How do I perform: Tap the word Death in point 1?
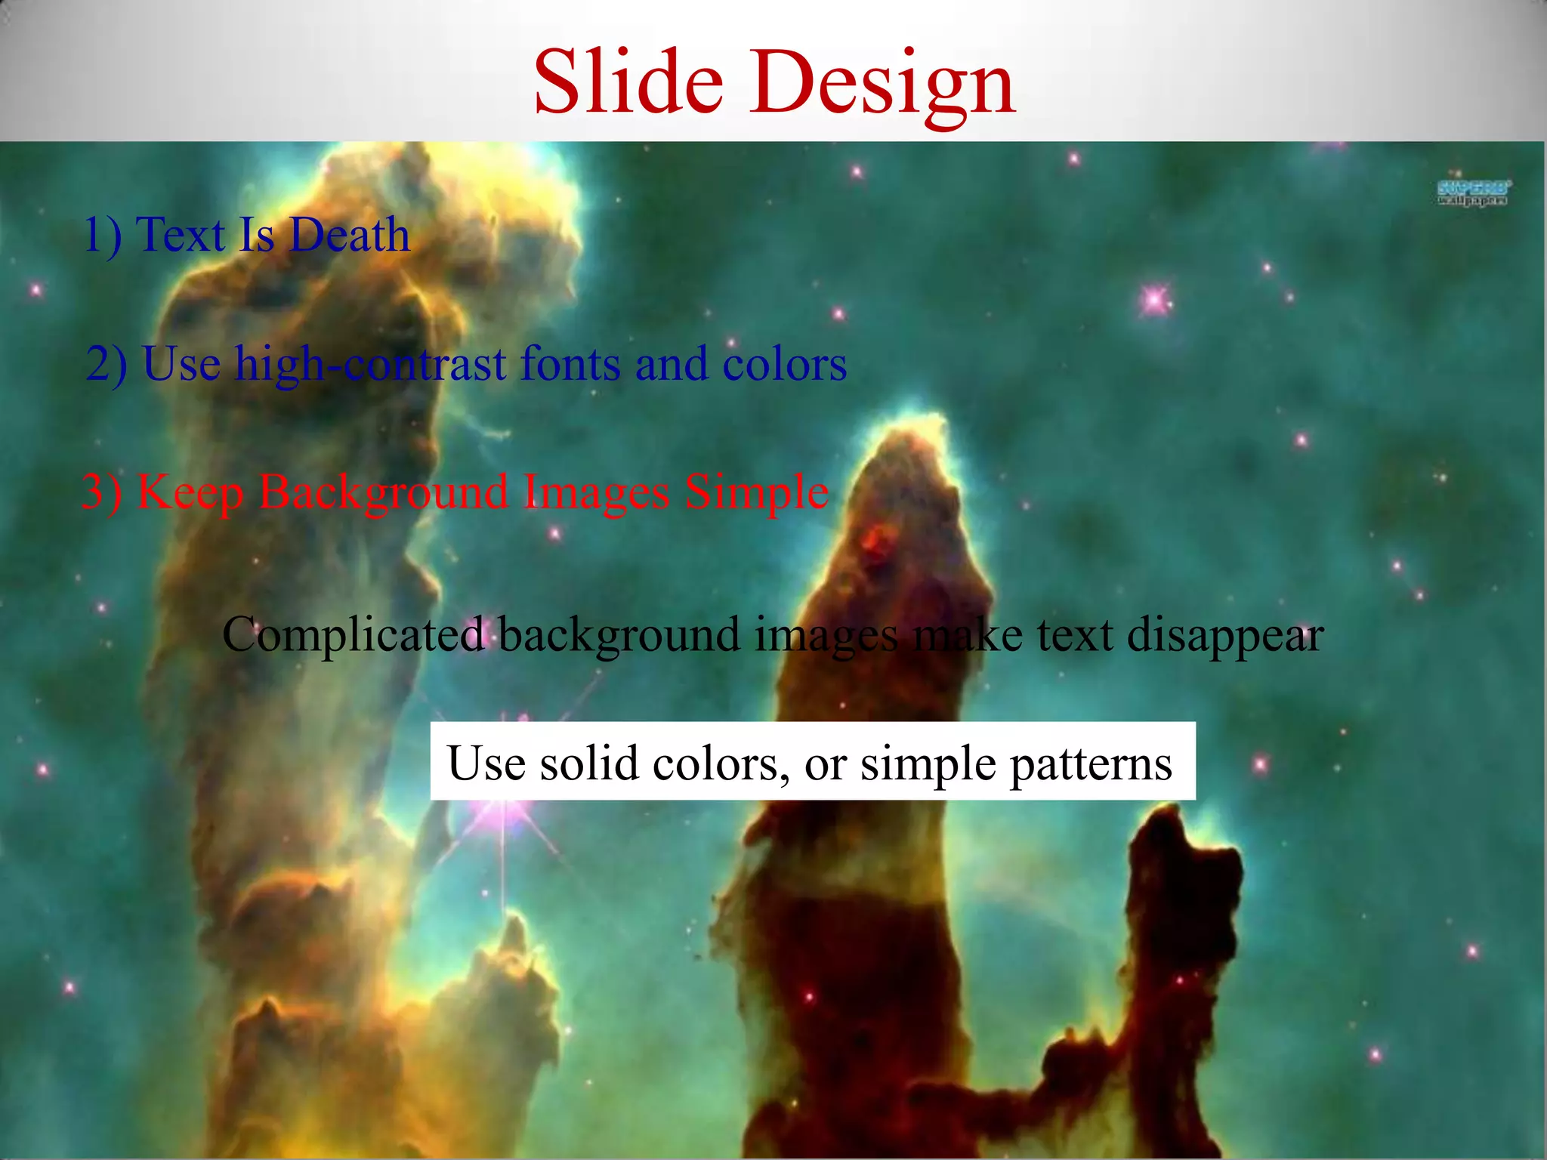pos(349,235)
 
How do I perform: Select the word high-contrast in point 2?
pos(370,365)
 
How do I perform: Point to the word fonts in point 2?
pos(570,363)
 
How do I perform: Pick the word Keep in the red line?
pos(190,493)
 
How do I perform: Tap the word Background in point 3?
pos(383,493)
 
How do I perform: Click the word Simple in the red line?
pos(756,493)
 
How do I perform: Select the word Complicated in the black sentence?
pos(353,634)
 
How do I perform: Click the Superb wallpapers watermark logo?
pos(1473,193)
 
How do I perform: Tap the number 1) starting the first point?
pos(102,235)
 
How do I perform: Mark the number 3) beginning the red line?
pos(100,492)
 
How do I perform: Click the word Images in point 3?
pos(596,493)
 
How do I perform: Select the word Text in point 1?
pos(181,235)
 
